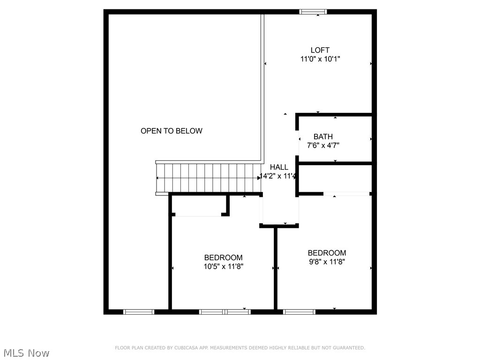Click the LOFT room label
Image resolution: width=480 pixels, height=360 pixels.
(320, 50)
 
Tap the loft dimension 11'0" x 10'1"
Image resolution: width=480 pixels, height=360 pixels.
(320, 60)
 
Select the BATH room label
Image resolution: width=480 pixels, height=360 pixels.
(323, 137)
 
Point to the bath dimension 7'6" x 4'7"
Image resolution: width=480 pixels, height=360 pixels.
(323, 146)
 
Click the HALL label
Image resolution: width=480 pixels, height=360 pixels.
(279, 167)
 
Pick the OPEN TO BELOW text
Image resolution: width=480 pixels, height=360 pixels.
(172, 131)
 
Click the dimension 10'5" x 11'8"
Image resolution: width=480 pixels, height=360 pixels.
(223, 267)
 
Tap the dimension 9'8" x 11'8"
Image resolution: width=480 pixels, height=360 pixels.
(327, 262)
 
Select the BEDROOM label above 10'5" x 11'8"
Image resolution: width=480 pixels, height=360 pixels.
(223, 258)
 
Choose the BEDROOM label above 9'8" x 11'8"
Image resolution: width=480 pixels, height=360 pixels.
(327, 253)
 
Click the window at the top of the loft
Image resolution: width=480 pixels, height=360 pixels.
(313, 12)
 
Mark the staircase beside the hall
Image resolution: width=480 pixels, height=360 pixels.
(208, 178)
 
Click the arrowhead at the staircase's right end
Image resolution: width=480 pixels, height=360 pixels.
(259, 178)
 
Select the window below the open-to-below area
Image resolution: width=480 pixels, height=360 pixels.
(139, 312)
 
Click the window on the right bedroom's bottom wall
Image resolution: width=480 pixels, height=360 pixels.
(300, 312)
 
